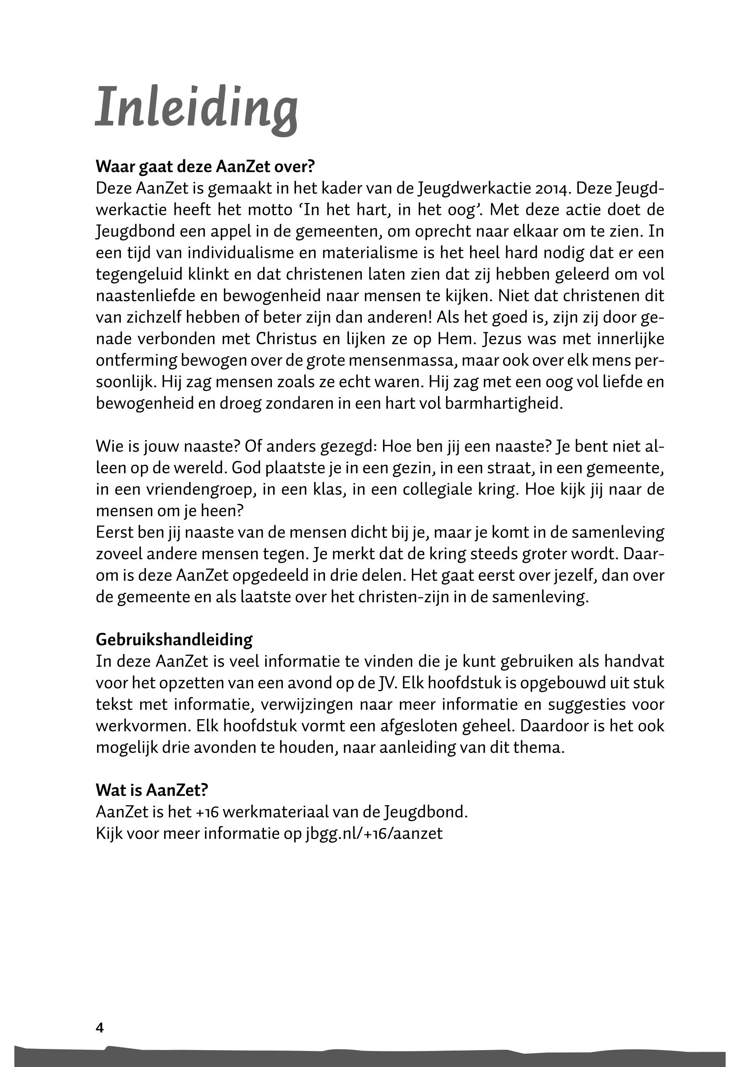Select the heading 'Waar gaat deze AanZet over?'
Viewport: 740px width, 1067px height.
coord(205,166)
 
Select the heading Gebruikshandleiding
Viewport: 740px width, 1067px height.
coord(174,639)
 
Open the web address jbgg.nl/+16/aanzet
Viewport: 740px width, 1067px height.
coord(374,833)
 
